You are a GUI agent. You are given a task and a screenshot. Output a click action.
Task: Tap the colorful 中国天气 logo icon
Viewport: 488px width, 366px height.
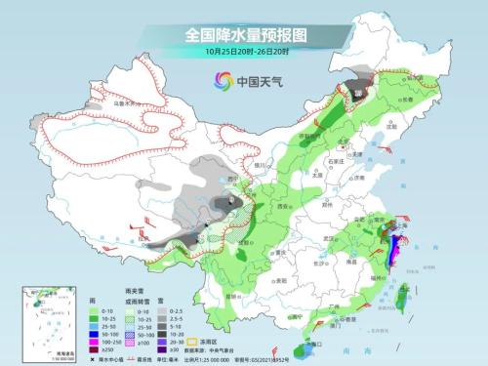227,82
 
